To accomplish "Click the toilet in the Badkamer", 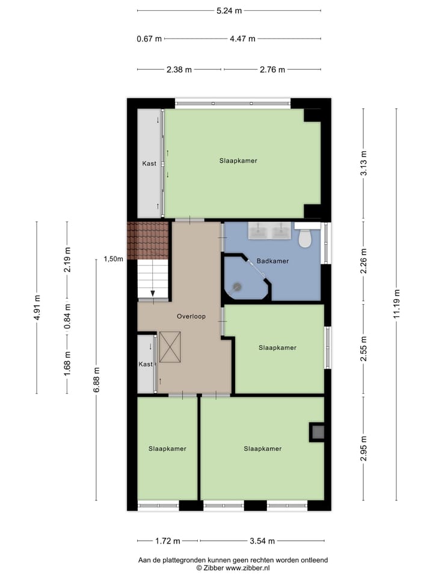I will pos(305,238).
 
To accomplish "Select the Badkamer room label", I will pos(272,261).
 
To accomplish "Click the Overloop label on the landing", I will pos(191,316).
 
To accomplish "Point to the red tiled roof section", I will pos(148,240).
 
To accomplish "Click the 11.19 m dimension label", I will pos(396,305).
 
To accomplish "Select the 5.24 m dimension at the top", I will pos(229,10).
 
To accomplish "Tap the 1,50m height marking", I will pos(113,259).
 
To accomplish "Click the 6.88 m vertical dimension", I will pos(96,379).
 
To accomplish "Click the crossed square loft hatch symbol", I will pos(170,347).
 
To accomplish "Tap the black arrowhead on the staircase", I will pos(153,293).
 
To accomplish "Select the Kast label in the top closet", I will pos(149,164).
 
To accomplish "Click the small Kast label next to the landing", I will pos(146,364).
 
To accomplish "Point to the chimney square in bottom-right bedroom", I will pos(317,431).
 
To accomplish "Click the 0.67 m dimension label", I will pos(149,39).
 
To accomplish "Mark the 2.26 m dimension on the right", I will pos(363,261).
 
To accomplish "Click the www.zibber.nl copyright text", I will pos(233,568).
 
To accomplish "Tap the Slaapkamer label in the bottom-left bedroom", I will pos(167,449).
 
